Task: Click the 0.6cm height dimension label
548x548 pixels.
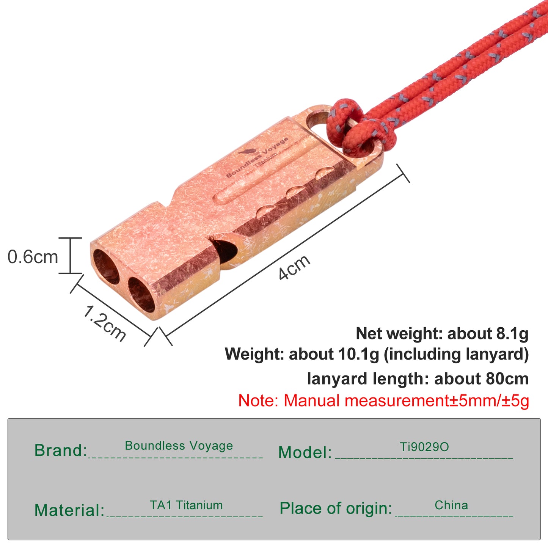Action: [33, 257]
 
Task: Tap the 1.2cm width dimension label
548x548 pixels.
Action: [104, 323]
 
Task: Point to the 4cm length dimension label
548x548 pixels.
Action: [294, 267]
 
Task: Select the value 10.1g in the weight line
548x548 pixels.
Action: [358, 355]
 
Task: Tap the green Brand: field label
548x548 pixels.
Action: [61, 450]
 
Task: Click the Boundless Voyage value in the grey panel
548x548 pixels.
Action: [179, 445]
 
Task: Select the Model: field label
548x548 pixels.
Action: [305, 452]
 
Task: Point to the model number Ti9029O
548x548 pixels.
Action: [424, 447]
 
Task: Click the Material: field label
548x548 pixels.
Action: [69, 510]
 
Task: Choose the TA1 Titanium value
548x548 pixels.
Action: [186, 505]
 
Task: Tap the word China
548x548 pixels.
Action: [451, 505]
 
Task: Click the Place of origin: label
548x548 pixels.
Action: [336, 508]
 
